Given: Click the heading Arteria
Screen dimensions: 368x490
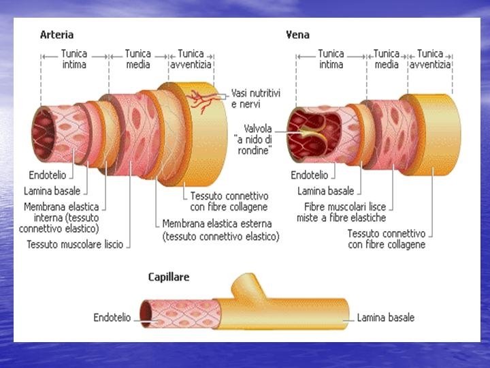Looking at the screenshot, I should (x=57, y=35).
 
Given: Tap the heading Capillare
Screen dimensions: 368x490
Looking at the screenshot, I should (x=169, y=277).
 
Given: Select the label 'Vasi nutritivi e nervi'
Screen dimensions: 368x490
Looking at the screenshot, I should (x=256, y=98).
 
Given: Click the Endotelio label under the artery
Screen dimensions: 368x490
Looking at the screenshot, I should (x=48, y=174).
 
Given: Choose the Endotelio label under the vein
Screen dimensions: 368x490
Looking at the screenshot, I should (x=309, y=175).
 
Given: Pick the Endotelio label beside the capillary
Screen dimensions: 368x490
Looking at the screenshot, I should (x=112, y=317).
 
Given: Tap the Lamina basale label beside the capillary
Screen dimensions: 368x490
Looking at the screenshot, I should (x=386, y=317).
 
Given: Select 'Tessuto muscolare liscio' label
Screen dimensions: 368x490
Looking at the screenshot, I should (x=75, y=244).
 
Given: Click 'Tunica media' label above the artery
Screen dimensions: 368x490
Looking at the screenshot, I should (x=138, y=59).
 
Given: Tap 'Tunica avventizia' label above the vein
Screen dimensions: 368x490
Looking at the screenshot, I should (x=430, y=59).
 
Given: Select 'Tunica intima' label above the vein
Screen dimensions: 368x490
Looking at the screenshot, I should (x=331, y=59).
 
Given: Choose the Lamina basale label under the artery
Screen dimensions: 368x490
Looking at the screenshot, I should (x=52, y=191).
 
